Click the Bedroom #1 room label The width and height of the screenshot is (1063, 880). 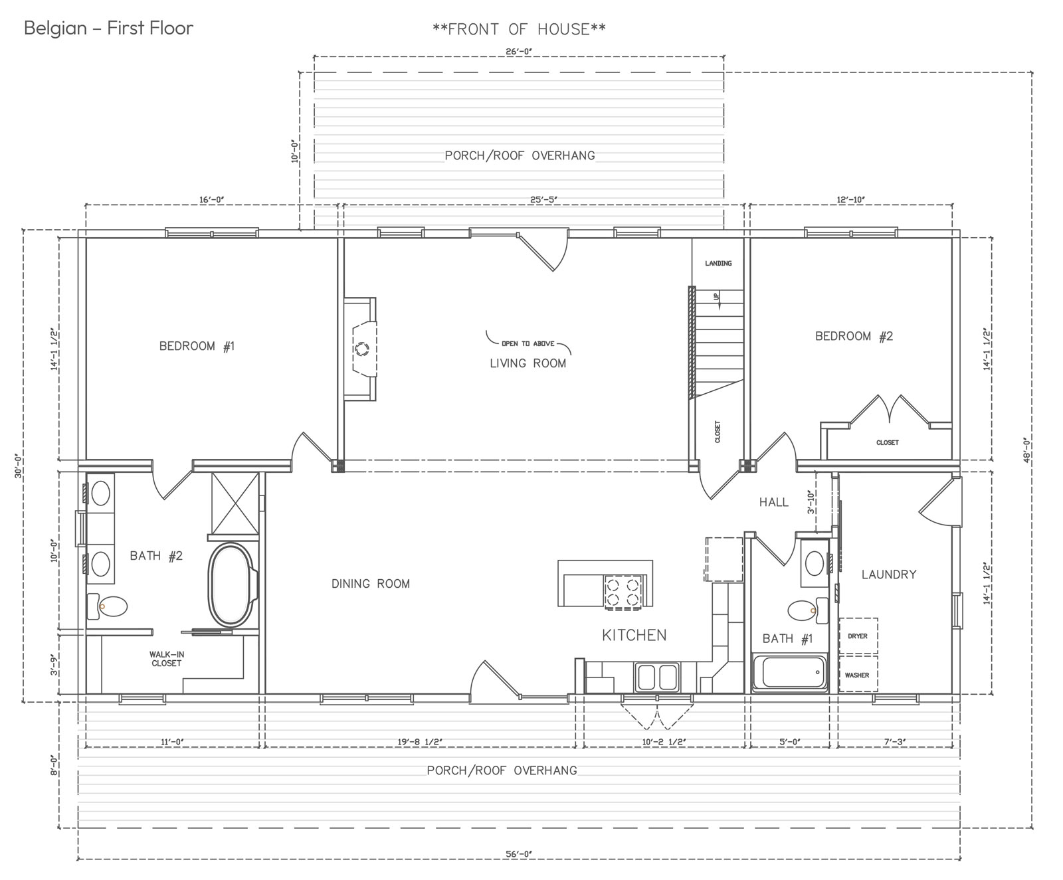point(197,346)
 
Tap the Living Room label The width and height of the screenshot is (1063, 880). point(528,363)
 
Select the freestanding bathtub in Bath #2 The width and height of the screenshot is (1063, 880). point(232,584)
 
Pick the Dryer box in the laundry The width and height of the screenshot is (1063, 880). point(858,636)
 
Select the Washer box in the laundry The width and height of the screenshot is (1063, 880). point(858,674)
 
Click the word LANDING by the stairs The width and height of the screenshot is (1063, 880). point(718,264)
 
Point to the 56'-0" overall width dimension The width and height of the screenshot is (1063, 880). point(519,854)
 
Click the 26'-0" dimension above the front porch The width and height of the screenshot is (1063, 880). point(519,50)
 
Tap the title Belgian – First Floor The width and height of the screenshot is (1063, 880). point(109,28)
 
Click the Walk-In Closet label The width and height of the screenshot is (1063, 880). point(166,659)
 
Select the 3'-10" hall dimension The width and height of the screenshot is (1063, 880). point(811,502)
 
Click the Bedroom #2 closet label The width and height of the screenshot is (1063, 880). point(887,442)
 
